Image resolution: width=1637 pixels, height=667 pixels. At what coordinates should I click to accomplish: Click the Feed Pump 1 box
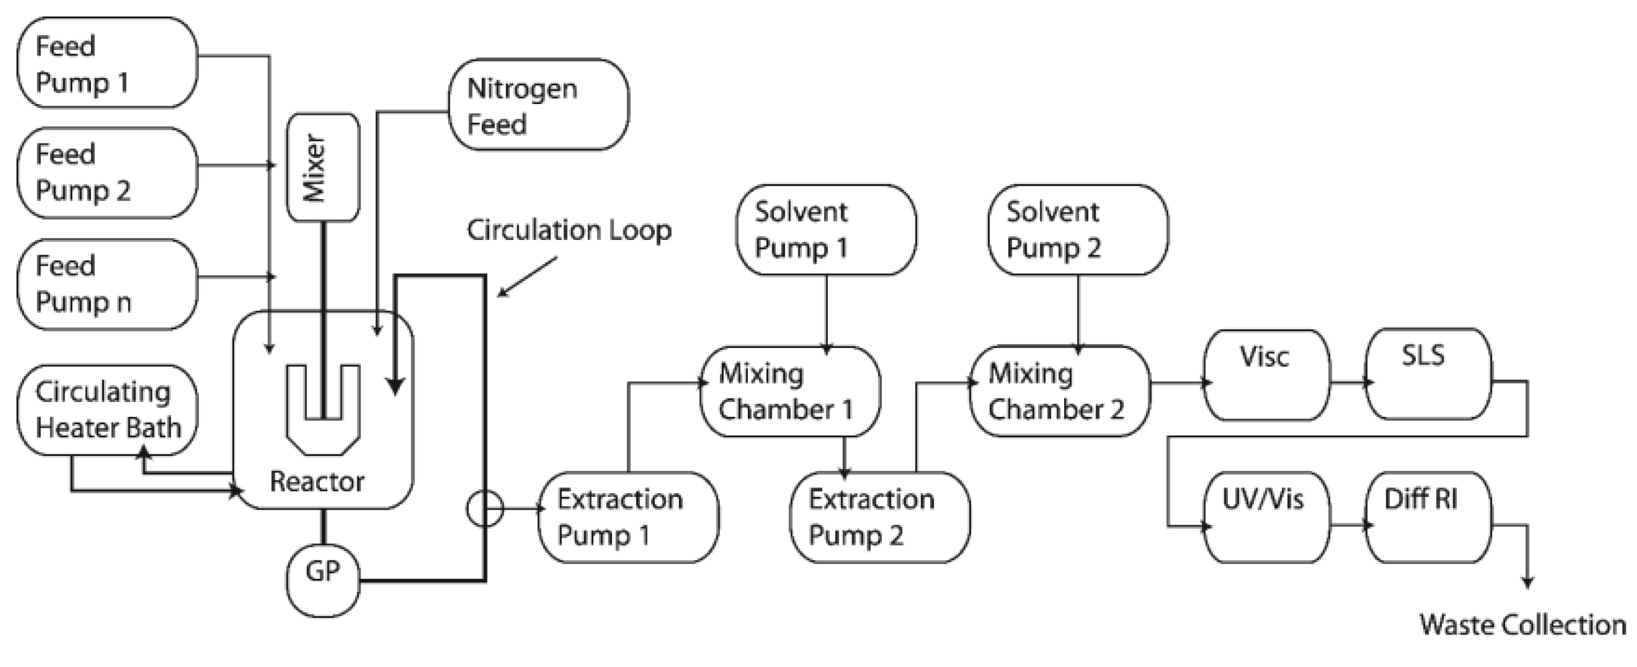click(x=107, y=63)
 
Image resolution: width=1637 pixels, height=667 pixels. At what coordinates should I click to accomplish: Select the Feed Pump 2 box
click(x=107, y=172)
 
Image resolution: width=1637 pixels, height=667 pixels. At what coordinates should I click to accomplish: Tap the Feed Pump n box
click(x=107, y=284)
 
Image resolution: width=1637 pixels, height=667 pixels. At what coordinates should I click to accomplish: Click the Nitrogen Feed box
click(x=538, y=105)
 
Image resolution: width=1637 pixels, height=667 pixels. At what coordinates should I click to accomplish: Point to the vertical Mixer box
click(x=323, y=167)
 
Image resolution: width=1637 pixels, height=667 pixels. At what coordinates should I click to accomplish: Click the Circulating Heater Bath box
click(x=107, y=409)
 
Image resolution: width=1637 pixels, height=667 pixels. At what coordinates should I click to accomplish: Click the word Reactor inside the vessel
click(x=316, y=481)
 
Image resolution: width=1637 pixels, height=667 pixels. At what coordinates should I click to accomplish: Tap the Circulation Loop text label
click(x=569, y=230)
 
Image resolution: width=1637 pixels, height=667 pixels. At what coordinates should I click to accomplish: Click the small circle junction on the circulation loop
click(x=485, y=509)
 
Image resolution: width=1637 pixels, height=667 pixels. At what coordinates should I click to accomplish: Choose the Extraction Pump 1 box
click(x=628, y=516)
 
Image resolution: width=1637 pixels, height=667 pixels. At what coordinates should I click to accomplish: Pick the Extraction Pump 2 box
click(x=880, y=516)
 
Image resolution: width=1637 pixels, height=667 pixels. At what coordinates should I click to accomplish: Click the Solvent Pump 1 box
click(x=826, y=230)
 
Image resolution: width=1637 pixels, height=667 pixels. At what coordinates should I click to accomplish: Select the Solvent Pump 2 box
click(x=1077, y=230)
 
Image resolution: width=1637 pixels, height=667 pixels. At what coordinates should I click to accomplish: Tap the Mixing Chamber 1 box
click(x=789, y=391)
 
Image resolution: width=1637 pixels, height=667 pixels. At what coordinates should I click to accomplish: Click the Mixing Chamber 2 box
click(x=1059, y=391)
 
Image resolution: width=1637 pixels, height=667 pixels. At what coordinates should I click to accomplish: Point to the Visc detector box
click(x=1266, y=375)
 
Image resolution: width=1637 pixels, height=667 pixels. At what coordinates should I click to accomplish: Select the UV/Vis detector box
click(x=1266, y=516)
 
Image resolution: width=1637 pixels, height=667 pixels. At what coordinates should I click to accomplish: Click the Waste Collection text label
click(x=1523, y=624)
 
